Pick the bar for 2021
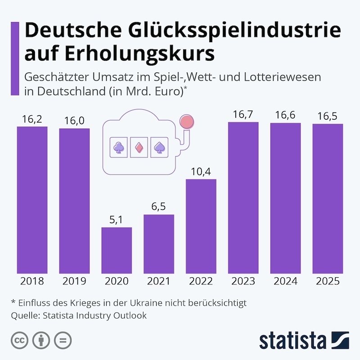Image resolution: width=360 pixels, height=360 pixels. point(159,243)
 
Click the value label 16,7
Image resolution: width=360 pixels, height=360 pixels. point(243,115)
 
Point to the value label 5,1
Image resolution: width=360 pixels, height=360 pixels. point(117,220)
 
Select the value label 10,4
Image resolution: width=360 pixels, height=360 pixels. point(201,172)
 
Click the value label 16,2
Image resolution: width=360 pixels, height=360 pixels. point(32,119)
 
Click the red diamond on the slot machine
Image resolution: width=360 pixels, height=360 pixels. point(139,147)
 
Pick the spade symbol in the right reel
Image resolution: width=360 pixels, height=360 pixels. point(159,147)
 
